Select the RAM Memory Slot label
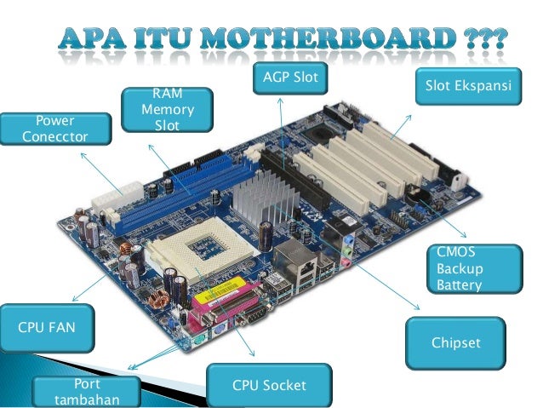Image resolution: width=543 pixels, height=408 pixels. click(166, 109)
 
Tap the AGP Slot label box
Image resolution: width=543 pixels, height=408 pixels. click(289, 78)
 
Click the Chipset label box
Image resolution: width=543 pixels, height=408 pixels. click(456, 342)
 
